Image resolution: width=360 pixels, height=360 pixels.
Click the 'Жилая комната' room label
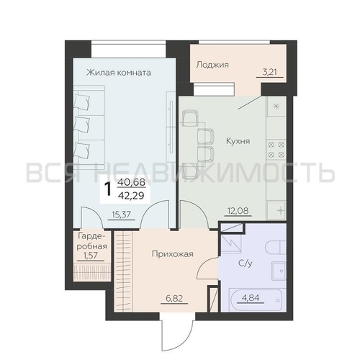point(119,72)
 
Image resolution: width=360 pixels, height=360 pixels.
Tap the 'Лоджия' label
point(212,65)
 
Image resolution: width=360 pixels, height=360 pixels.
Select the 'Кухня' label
point(238,141)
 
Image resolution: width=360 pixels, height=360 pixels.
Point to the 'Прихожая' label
point(173,253)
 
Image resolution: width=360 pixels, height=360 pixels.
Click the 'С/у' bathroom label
point(246,264)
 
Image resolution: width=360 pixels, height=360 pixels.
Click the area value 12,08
point(238,211)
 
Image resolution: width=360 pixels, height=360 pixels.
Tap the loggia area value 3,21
point(269,72)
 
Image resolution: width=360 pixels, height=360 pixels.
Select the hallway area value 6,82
point(174,298)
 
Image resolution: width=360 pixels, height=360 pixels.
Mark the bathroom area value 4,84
point(251,298)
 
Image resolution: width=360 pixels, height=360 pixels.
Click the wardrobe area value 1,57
point(90,256)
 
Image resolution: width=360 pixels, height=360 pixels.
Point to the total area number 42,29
point(131,196)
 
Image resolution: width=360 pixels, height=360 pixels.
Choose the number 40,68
point(132,182)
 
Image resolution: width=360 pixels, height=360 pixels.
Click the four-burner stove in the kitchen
point(276,150)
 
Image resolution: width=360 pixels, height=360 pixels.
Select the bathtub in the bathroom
point(258,300)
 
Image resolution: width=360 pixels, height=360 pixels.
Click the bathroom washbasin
point(279,271)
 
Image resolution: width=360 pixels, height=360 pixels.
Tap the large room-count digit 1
point(109,189)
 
